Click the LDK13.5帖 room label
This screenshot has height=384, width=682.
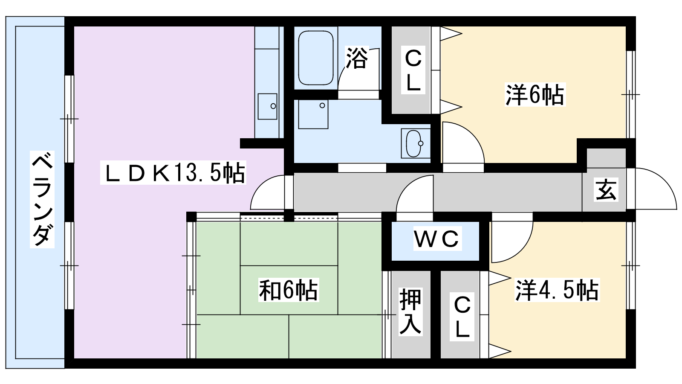(173, 173)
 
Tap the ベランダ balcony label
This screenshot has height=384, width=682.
(42, 198)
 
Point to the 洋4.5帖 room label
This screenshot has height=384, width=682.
(557, 291)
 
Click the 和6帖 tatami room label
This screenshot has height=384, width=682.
(289, 291)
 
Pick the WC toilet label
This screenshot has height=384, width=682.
(436, 239)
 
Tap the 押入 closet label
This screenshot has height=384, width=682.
(410, 312)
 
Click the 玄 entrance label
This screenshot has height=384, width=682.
(606, 190)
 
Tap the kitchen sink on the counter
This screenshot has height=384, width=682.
(267, 106)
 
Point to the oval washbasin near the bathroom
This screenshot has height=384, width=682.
(414, 143)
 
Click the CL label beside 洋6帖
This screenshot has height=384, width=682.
(413, 71)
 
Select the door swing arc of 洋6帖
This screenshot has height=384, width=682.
(462, 143)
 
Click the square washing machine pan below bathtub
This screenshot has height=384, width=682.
(313, 114)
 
